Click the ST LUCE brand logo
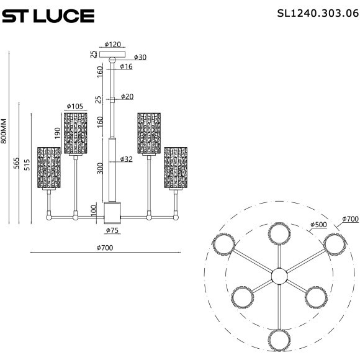coord(48,16)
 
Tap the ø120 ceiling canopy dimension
coord(112,45)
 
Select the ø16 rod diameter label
coord(126,66)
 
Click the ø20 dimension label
coord(127,96)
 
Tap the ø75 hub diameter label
coord(112,230)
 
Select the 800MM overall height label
coord(4,132)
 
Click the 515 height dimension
coord(27,165)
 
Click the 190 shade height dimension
coord(58,133)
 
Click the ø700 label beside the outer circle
coord(349,219)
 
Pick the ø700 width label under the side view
coord(105,248)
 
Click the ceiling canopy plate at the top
coord(112,54)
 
